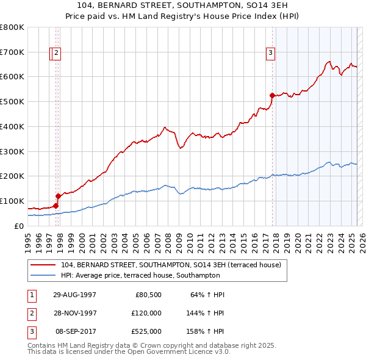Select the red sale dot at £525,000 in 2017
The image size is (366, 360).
(x=272, y=95)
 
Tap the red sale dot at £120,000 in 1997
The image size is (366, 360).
(x=59, y=196)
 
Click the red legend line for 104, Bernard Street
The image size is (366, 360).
(x=43, y=265)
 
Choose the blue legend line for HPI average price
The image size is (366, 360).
(x=43, y=275)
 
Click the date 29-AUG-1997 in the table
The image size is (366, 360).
(x=75, y=295)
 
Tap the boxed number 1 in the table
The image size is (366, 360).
(x=30, y=295)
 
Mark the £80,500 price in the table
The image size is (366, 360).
(x=147, y=295)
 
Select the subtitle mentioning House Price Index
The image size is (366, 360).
(x=183, y=17)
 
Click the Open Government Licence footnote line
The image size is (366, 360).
(x=129, y=351)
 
